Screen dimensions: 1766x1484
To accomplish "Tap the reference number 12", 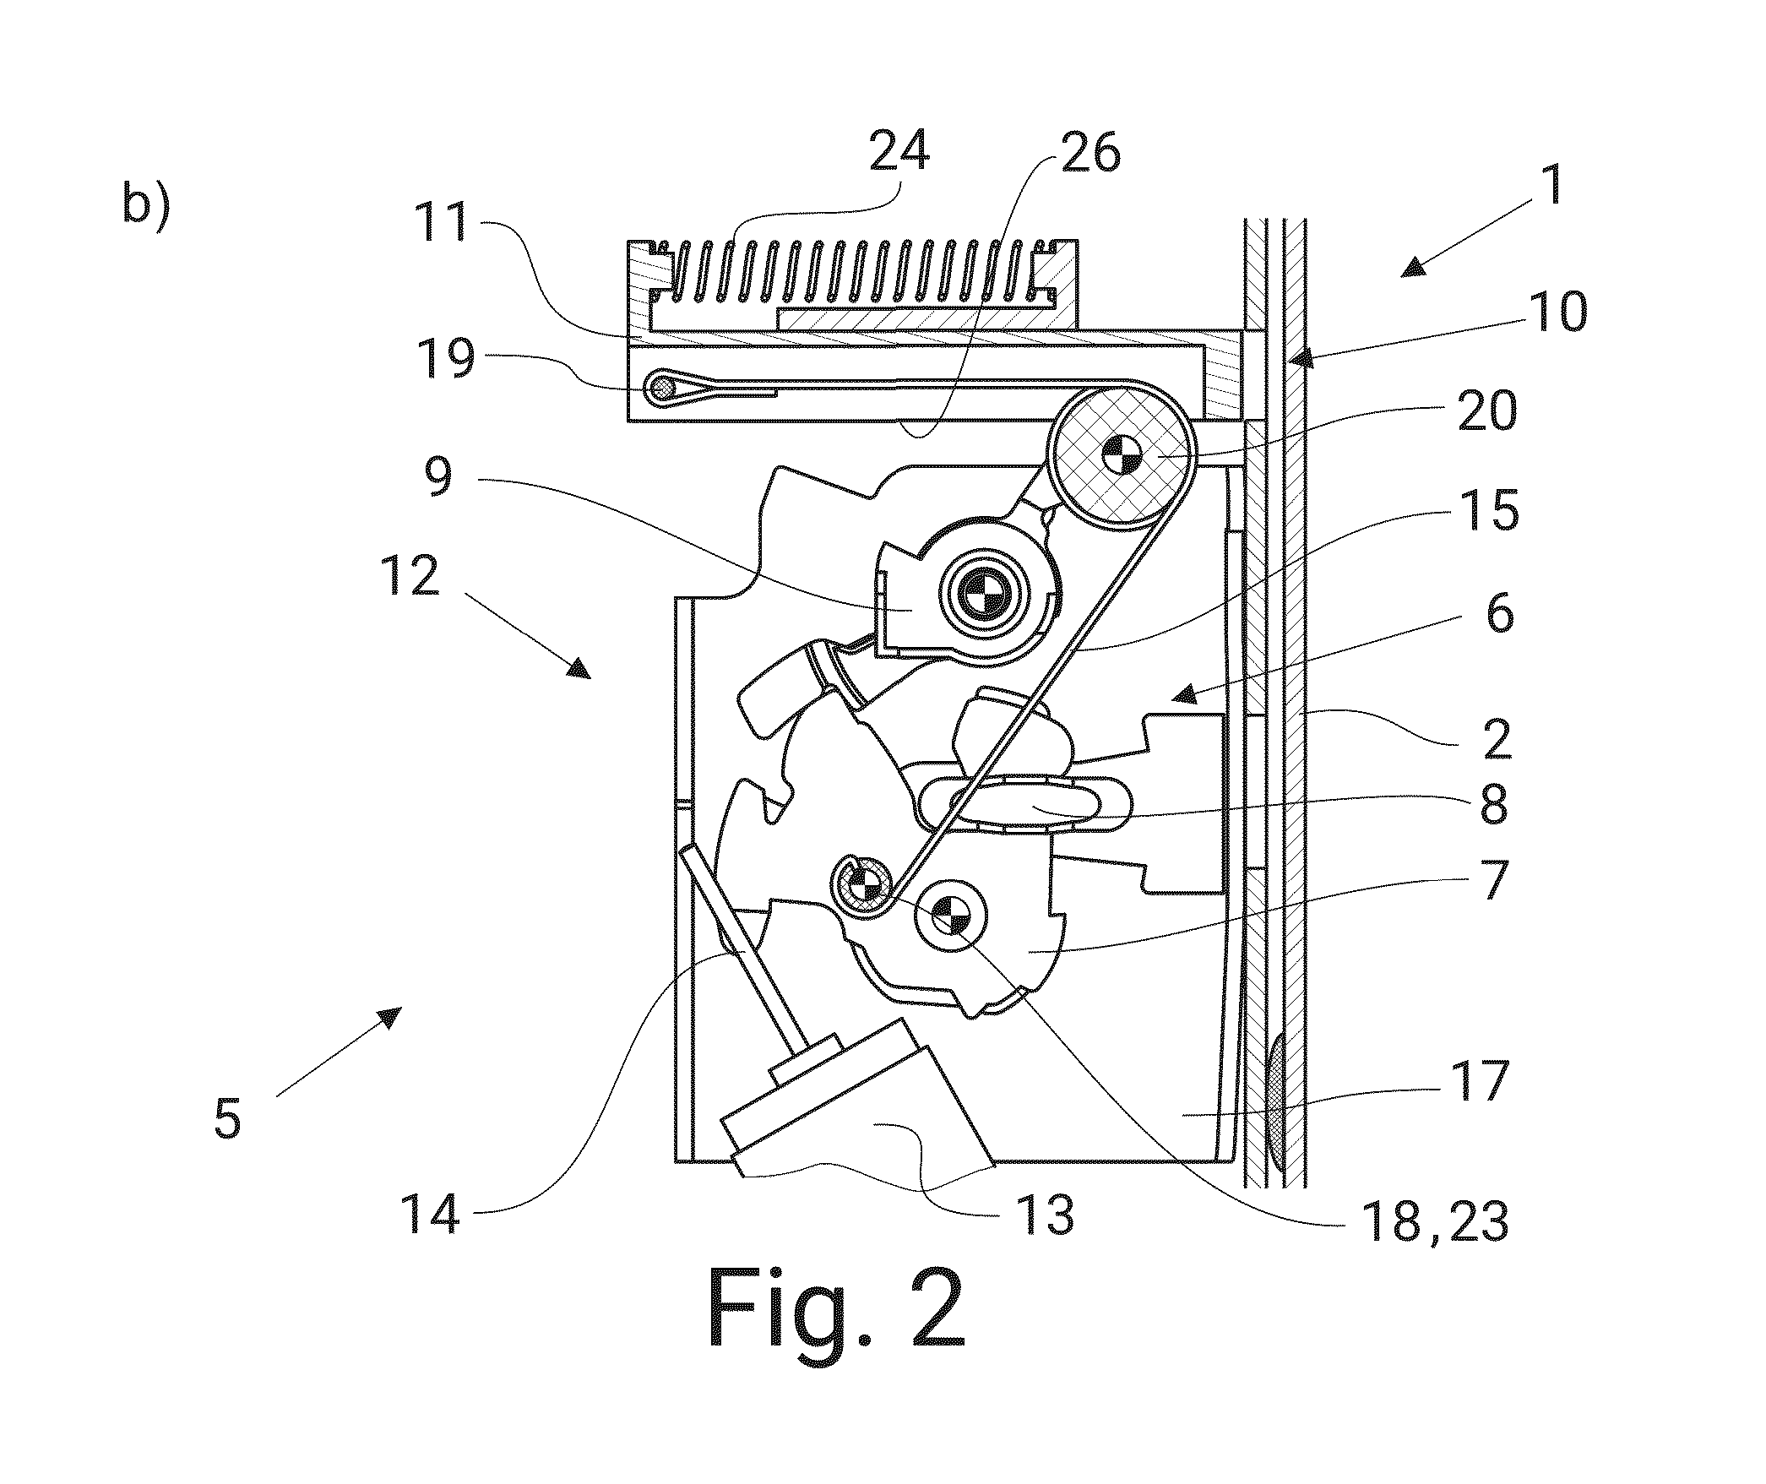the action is [x=416, y=578].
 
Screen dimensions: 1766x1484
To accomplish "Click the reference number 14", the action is [x=433, y=1215].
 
